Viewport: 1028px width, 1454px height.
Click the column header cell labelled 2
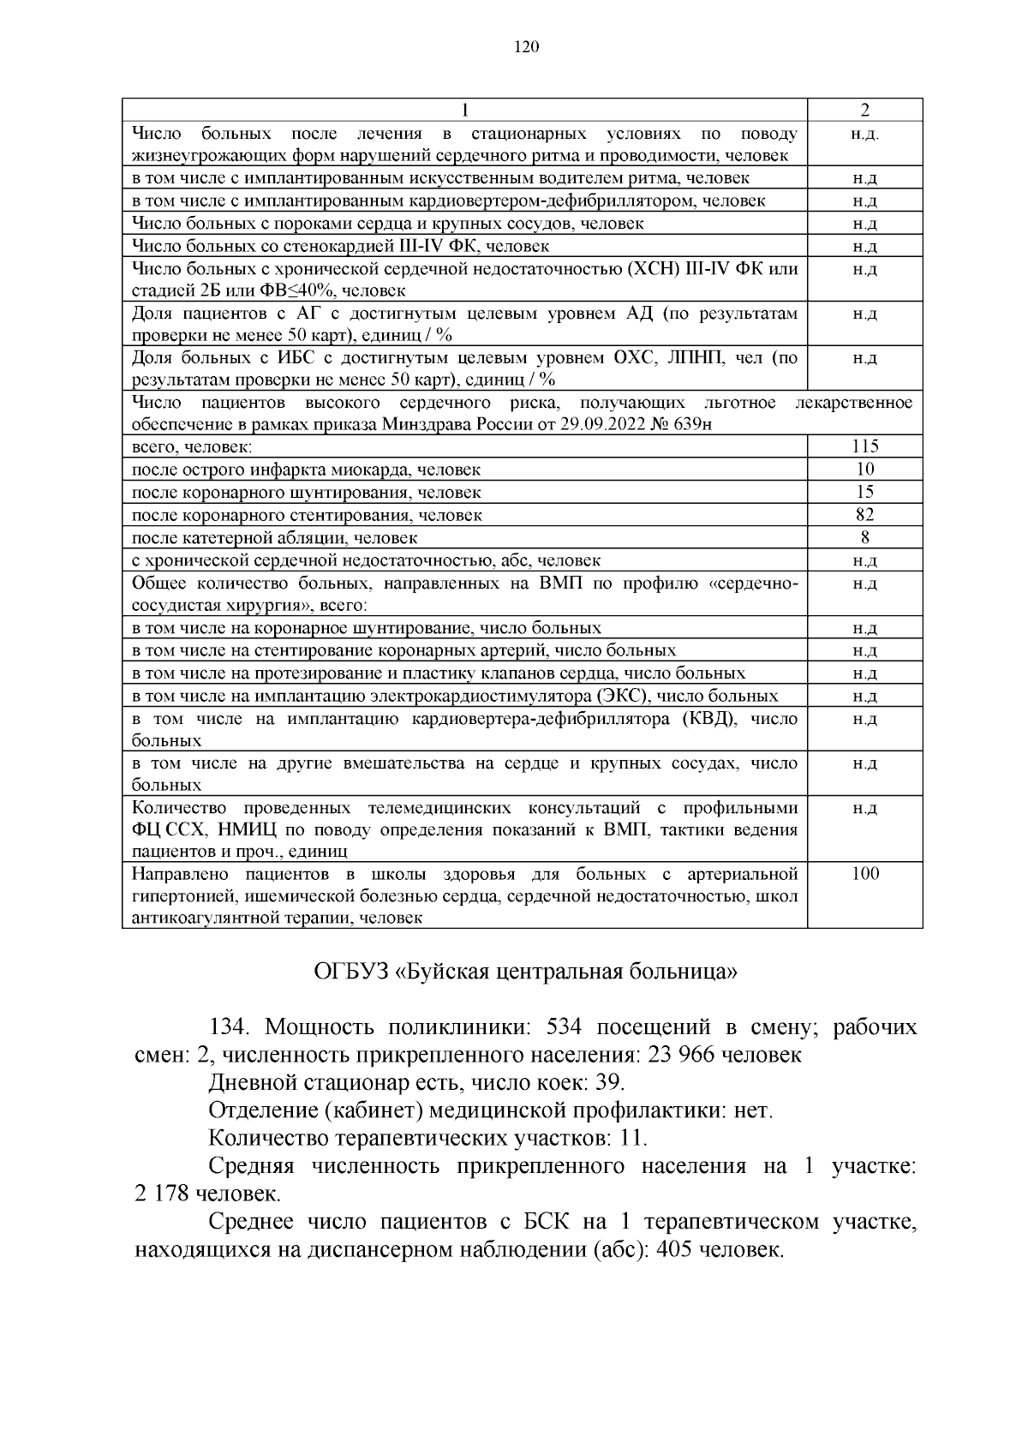(865, 110)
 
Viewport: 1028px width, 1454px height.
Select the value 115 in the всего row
(865, 446)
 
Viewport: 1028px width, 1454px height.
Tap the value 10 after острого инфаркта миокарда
(865, 470)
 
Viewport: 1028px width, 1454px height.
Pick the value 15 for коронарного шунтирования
(865, 492)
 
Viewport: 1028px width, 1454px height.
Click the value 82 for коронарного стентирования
(865, 515)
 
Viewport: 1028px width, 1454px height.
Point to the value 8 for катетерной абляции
(865, 538)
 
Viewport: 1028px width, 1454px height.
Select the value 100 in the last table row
(865, 874)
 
